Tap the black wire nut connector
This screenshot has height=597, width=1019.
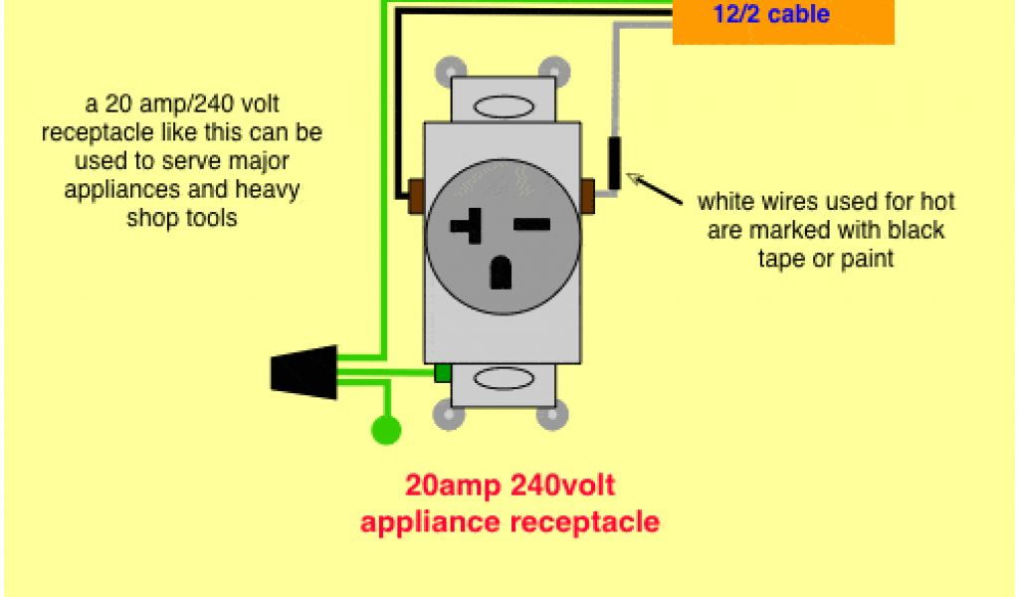pyautogui.click(x=304, y=370)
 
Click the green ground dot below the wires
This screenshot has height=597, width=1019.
pyautogui.click(x=386, y=430)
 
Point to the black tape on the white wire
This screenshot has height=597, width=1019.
pyautogui.click(x=616, y=163)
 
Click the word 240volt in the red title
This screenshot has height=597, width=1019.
pyautogui.click(x=562, y=486)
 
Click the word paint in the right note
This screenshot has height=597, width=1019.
pyautogui.click(x=865, y=259)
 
